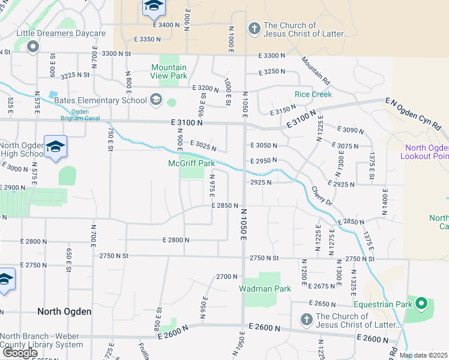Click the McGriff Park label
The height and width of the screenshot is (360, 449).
tap(191, 163)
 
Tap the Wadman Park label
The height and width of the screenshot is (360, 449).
tap(265, 289)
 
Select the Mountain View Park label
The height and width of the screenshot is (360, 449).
tap(169, 71)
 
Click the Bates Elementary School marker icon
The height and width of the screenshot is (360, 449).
tap(156, 100)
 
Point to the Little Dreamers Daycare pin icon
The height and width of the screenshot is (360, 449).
tap(32, 46)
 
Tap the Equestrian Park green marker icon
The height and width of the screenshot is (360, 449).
tap(421, 304)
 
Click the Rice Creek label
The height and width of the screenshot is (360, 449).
tap(313, 94)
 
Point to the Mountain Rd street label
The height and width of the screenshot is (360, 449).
tap(316, 70)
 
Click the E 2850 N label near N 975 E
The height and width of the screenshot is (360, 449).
tap(226, 205)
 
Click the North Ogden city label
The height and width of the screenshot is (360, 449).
tap(64, 311)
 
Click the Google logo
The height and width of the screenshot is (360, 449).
tap(20, 353)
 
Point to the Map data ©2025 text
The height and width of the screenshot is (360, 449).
tap(423, 355)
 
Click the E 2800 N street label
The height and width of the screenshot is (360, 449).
tap(176, 240)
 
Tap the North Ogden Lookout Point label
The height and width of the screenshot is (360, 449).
tap(427, 152)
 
